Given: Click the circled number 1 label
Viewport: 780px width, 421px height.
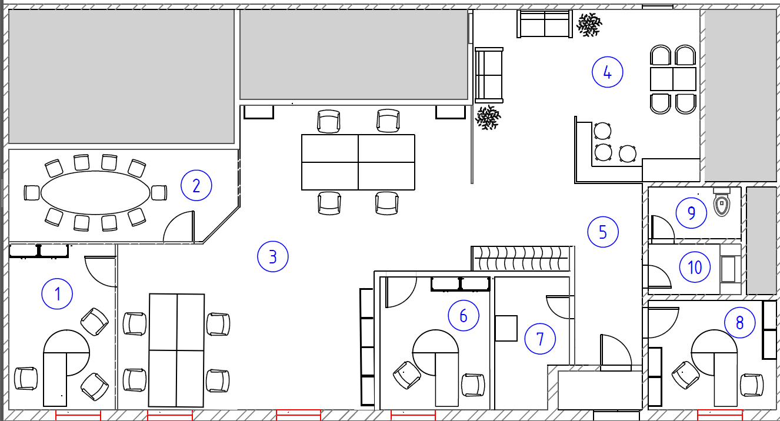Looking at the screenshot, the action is coord(57,293).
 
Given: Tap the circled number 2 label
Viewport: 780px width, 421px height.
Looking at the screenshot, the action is coord(196,185).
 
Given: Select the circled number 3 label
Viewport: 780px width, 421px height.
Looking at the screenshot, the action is coord(273,256).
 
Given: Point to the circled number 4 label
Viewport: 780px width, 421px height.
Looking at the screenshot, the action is coord(608,72).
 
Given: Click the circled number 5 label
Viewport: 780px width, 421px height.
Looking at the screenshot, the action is coord(603,232).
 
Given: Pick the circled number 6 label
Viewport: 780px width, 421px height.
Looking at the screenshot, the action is coord(464,315).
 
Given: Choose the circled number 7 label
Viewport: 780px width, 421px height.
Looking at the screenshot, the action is coord(540,339).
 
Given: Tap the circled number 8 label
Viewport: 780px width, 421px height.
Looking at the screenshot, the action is coord(740,323).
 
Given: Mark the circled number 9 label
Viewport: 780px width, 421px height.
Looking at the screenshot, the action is coord(691,213).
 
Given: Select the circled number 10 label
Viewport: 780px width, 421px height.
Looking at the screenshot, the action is coord(695,267).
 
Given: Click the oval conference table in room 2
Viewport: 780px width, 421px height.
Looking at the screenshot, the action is coord(95,192).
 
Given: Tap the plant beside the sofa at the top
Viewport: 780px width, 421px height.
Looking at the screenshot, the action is coord(589,25).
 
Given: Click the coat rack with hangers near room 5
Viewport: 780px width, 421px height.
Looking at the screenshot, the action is coord(521,258).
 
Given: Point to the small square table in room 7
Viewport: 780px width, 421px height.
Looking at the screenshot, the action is coord(506,328).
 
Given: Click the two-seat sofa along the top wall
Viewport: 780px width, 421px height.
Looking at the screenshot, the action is coord(545,24).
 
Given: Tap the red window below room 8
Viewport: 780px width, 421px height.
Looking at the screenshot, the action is coord(720,415).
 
